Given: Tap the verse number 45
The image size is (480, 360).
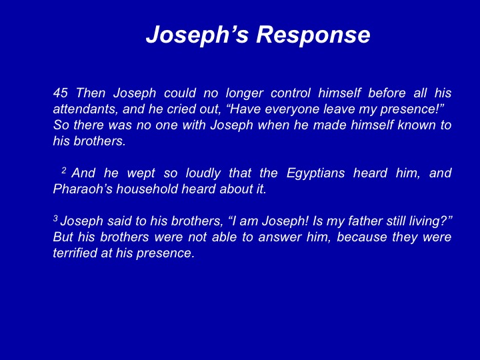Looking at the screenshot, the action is tap(60, 93).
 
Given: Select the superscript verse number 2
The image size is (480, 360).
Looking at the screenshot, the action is tap(64, 170).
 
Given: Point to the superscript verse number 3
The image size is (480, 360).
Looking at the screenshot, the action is tap(55, 218).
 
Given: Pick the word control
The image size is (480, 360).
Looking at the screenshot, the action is tap(291, 93).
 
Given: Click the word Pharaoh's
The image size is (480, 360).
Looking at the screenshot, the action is tap(83, 189).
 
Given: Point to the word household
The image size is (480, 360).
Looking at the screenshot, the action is tap(147, 189).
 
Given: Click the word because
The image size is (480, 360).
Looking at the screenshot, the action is tap(362, 237).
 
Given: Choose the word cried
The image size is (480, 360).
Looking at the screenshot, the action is tap(180, 109).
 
